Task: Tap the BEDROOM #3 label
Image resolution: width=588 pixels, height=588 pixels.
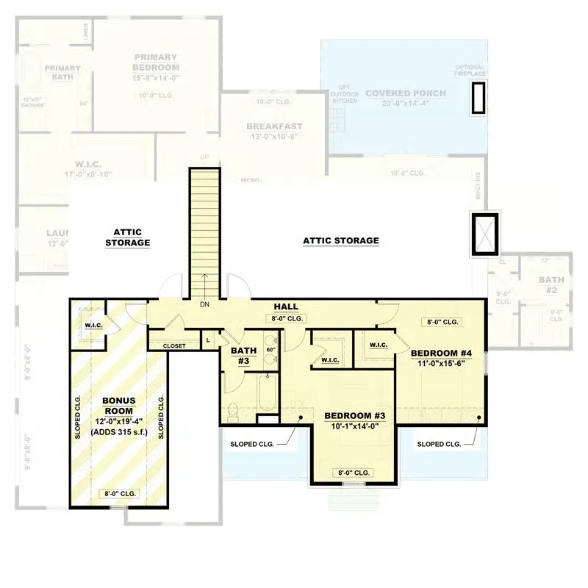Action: point(355,416)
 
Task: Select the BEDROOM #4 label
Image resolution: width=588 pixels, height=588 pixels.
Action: point(440,351)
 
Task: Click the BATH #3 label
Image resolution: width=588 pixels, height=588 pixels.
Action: point(243,356)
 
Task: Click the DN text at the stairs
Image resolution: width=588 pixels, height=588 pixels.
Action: point(205,304)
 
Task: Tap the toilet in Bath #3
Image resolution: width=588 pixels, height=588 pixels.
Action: point(232,412)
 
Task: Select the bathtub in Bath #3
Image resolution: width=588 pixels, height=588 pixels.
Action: point(265,393)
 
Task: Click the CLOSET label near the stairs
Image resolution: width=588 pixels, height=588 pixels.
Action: point(174,345)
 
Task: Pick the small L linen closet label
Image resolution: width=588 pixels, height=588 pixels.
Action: point(208,340)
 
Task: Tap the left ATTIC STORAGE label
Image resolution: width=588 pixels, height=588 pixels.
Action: point(127,237)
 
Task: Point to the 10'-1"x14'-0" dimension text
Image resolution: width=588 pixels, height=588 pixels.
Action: point(355,427)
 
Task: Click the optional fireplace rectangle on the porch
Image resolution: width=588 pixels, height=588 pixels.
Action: point(478,97)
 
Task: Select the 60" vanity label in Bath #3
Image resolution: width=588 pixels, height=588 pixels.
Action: point(270,349)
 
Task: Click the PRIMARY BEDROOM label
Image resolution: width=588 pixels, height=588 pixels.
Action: point(155,62)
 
